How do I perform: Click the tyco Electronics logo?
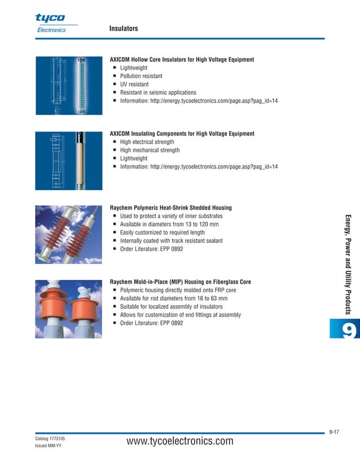click(x=51, y=23)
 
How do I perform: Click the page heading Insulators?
click(x=124, y=28)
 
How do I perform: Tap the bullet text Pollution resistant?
click(x=141, y=76)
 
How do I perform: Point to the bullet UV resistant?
click(x=134, y=84)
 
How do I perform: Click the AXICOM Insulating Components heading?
click(x=182, y=134)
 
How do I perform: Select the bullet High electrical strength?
click(x=147, y=142)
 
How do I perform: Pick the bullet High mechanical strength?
click(x=150, y=151)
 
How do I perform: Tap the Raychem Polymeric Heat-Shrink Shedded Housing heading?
click(x=170, y=208)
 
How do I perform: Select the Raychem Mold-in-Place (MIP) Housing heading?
click(x=180, y=282)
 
